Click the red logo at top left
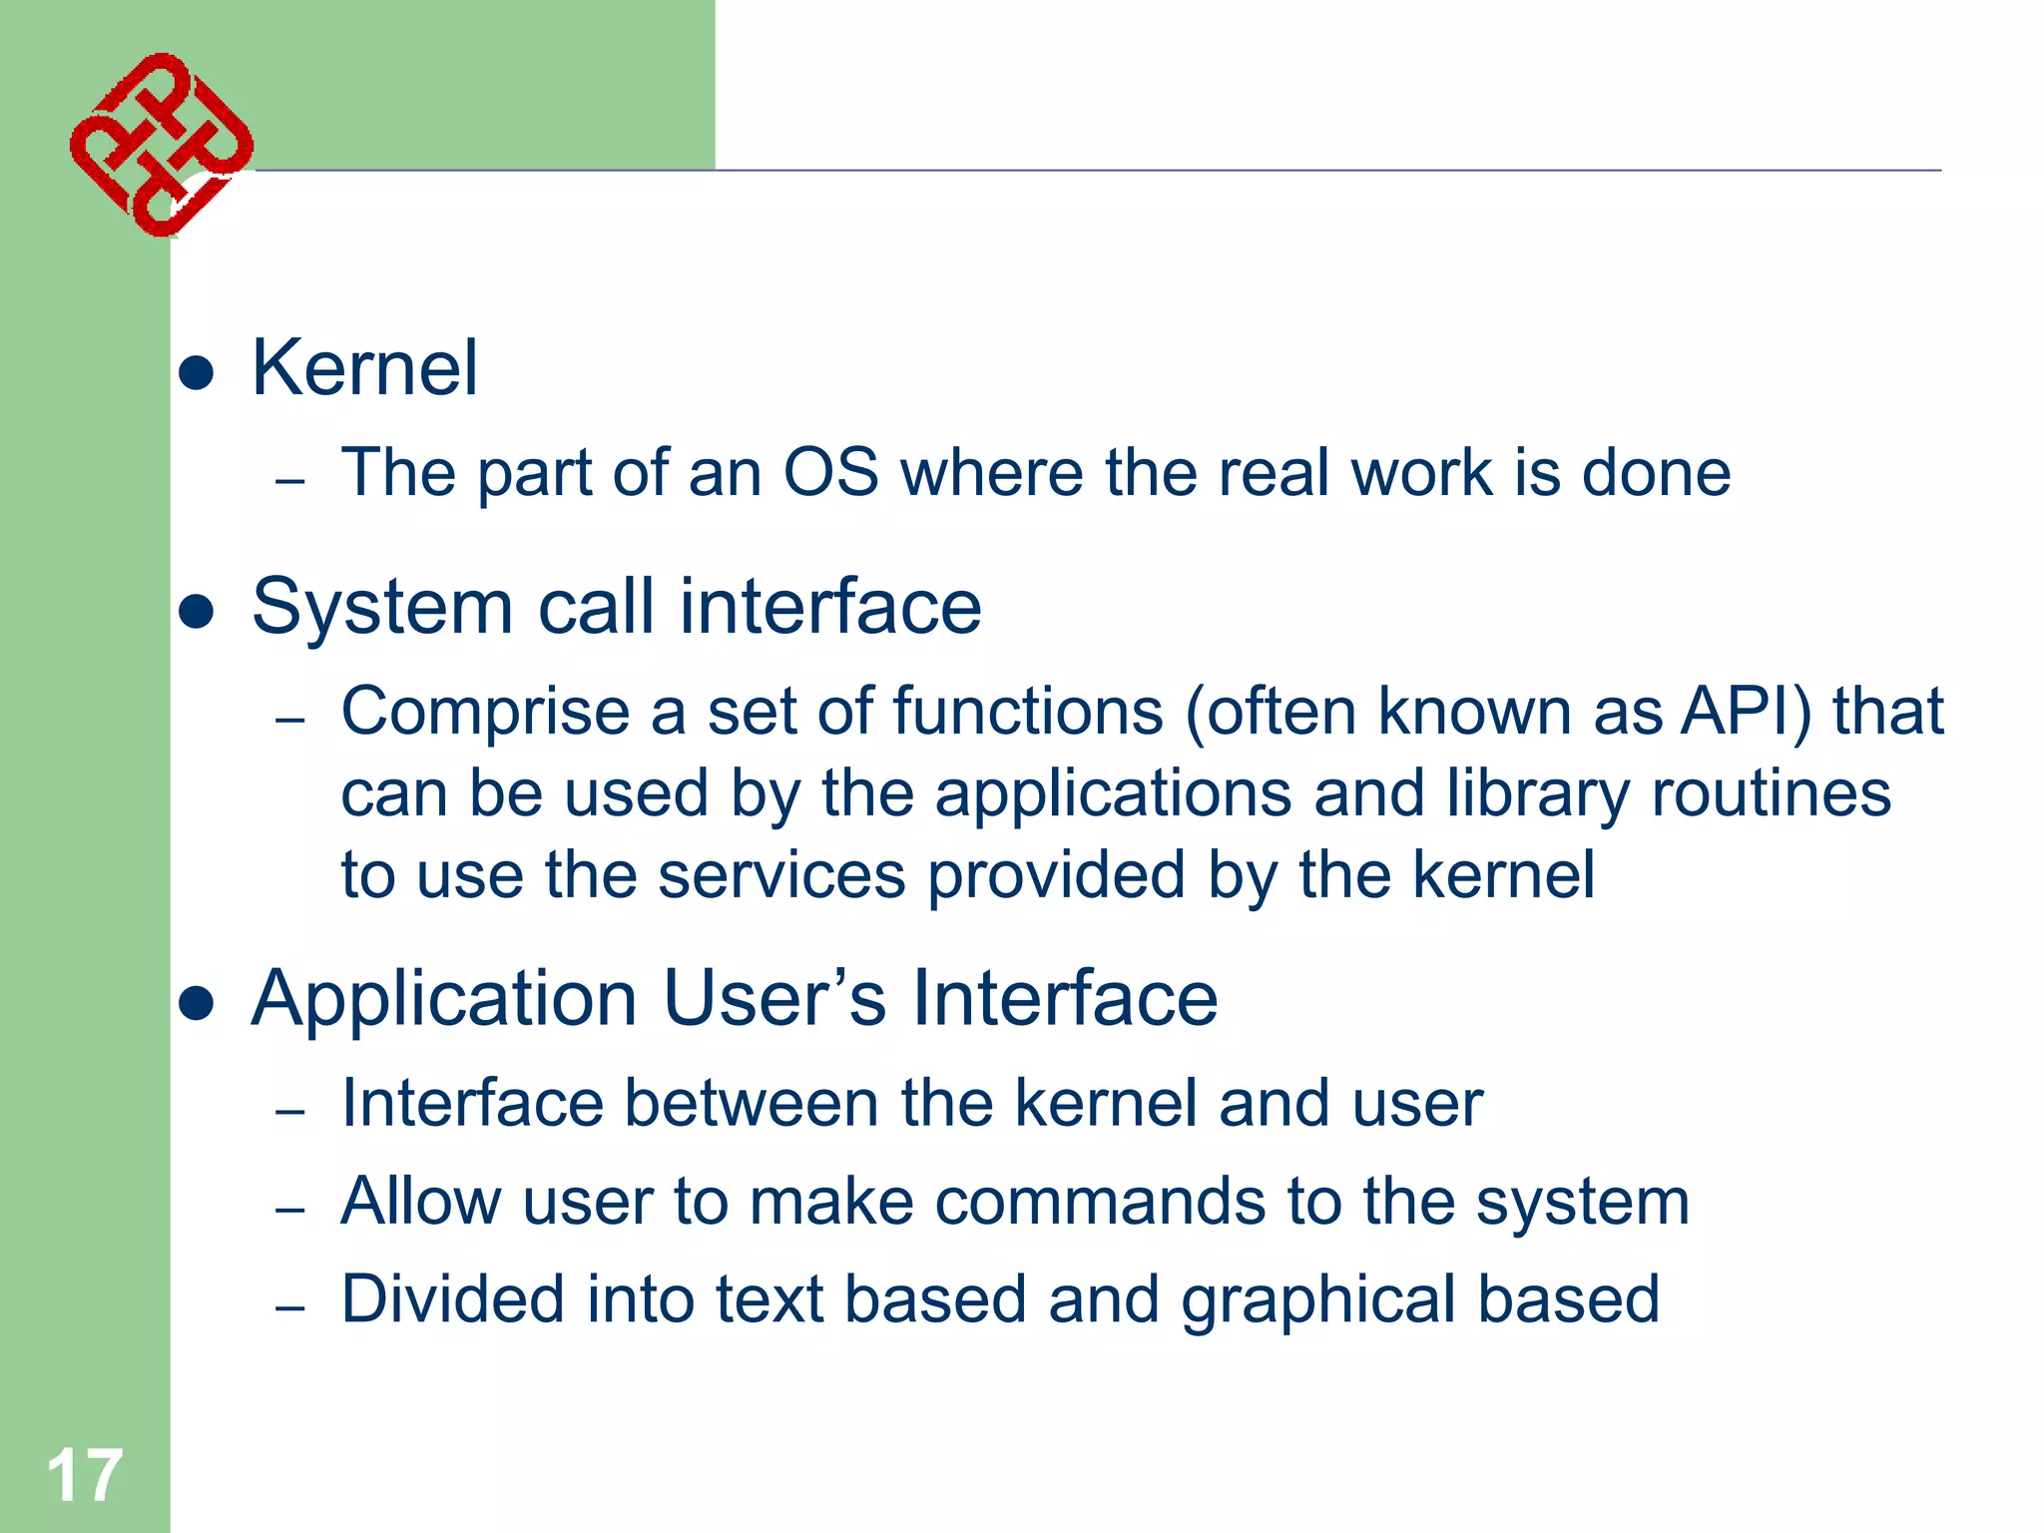click(x=161, y=145)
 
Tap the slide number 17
click(x=85, y=1476)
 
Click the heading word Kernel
click(x=364, y=368)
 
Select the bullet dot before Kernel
click(x=197, y=373)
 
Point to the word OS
click(x=830, y=472)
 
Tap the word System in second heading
click(x=382, y=608)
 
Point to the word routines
click(x=1771, y=793)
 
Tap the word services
click(x=781, y=875)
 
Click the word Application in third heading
click(x=444, y=999)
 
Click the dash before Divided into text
click(x=289, y=1307)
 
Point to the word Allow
click(x=420, y=1201)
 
